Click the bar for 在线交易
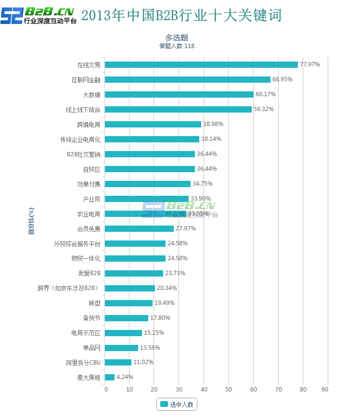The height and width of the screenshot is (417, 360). [x=201, y=64]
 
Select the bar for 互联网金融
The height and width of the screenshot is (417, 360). [x=188, y=79]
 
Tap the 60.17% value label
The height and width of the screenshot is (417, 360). [x=265, y=94]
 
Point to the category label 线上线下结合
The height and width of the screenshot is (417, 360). [x=83, y=109]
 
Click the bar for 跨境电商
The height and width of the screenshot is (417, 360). [x=153, y=124]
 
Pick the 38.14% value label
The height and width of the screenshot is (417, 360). [x=211, y=139]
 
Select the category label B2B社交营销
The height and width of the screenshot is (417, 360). [x=83, y=154]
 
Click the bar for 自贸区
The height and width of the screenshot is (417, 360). [x=150, y=169]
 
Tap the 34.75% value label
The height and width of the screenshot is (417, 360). [x=202, y=184]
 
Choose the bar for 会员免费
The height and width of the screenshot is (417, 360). [x=139, y=228]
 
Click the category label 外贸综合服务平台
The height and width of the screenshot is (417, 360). [x=77, y=243]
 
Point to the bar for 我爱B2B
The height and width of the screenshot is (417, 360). [x=134, y=273]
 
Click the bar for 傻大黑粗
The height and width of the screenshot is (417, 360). [x=110, y=377]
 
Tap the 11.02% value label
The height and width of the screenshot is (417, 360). [x=143, y=362]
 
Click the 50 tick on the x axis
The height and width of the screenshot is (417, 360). [x=229, y=389]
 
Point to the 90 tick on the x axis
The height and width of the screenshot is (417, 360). [x=328, y=389]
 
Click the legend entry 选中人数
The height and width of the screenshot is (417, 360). [x=177, y=404]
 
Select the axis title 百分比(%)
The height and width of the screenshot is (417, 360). [x=31, y=221]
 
